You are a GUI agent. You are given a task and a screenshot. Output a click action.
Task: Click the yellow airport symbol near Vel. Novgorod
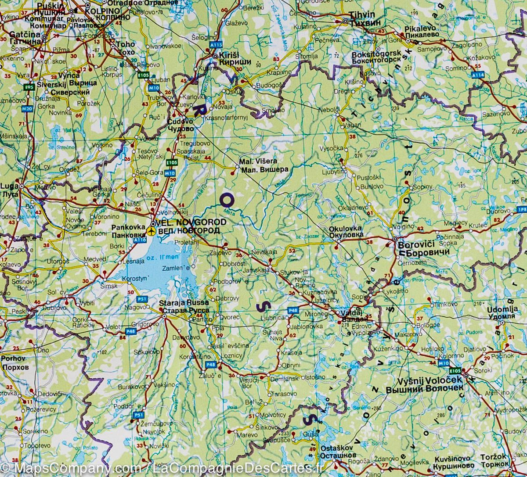click(x=152, y=231)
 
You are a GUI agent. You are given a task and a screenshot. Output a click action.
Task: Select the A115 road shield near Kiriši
click(x=215, y=44)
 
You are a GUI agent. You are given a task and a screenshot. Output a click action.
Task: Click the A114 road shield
click(x=479, y=75)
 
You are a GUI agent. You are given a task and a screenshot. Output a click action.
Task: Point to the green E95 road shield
click(x=29, y=87)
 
